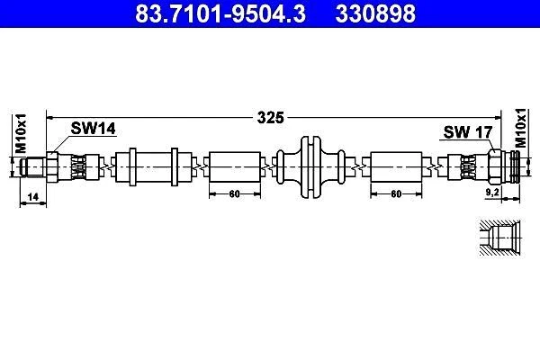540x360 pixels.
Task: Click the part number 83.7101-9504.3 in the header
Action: (220, 13)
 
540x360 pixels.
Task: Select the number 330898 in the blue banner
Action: (375, 13)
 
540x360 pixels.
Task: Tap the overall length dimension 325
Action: (271, 118)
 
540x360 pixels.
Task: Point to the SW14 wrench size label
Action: (93, 129)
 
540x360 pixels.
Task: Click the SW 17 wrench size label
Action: (468, 132)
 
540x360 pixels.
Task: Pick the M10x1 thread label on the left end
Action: (21, 133)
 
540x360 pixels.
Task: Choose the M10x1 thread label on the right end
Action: (521, 128)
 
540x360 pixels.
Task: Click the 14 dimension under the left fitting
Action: (33, 197)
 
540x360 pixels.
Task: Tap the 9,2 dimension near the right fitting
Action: (492, 193)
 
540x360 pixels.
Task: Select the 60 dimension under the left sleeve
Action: (235, 194)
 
